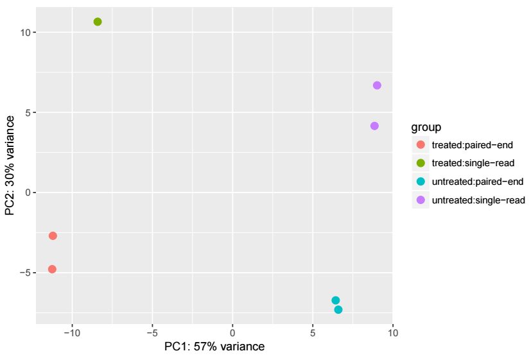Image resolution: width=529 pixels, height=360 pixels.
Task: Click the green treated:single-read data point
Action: click(98, 22)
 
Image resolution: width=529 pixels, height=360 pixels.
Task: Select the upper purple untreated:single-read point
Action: click(377, 85)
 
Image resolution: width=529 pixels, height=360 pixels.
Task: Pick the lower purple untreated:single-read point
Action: click(374, 126)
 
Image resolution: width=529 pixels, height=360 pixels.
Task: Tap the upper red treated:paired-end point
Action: click(53, 236)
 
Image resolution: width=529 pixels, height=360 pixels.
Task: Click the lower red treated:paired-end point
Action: click(52, 269)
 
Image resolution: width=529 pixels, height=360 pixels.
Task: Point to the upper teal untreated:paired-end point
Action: click(336, 300)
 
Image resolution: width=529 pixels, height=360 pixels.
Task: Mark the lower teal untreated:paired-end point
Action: click(338, 310)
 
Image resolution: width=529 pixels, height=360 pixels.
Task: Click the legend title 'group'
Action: click(426, 128)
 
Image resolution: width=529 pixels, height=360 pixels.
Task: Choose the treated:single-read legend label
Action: click(473, 163)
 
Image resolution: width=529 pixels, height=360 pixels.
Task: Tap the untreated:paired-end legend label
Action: click(478, 182)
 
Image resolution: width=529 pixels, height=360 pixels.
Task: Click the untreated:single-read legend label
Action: click(479, 200)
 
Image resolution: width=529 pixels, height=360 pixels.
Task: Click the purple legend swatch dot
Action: click(421, 200)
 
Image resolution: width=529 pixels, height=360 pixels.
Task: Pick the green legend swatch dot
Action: click(421, 163)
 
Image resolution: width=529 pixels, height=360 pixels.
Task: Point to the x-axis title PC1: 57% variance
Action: click(214, 347)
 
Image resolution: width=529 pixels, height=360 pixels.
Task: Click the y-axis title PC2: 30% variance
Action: click(10, 166)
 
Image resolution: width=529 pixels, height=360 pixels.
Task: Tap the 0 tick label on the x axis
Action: click(232, 333)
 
